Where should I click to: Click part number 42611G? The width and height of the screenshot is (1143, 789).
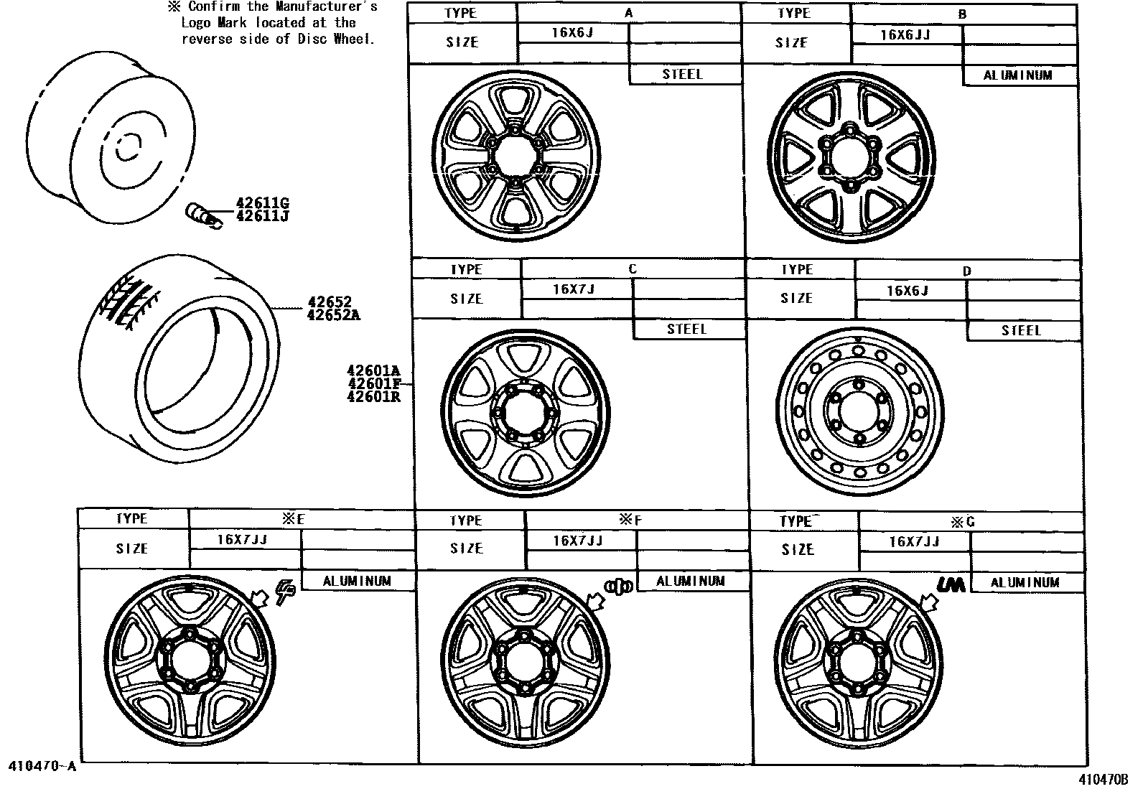pyautogui.click(x=262, y=203)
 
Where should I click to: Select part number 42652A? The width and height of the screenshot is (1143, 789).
pyautogui.click(x=333, y=314)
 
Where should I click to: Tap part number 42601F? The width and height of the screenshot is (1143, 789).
pyautogui.click(x=373, y=383)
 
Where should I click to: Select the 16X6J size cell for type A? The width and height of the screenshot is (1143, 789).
pyautogui.click(x=572, y=33)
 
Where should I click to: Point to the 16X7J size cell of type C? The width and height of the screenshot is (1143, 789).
pyautogui.click(x=574, y=289)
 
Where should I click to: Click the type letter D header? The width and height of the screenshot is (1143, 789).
pyautogui.click(x=966, y=271)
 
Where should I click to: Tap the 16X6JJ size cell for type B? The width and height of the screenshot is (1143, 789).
pyautogui.click(x=905, y=34)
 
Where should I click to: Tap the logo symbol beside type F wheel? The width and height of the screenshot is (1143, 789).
pyautogui.click(x=619, y=586)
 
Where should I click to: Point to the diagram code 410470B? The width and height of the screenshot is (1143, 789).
pyautogui.click(x=1103, y=778)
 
